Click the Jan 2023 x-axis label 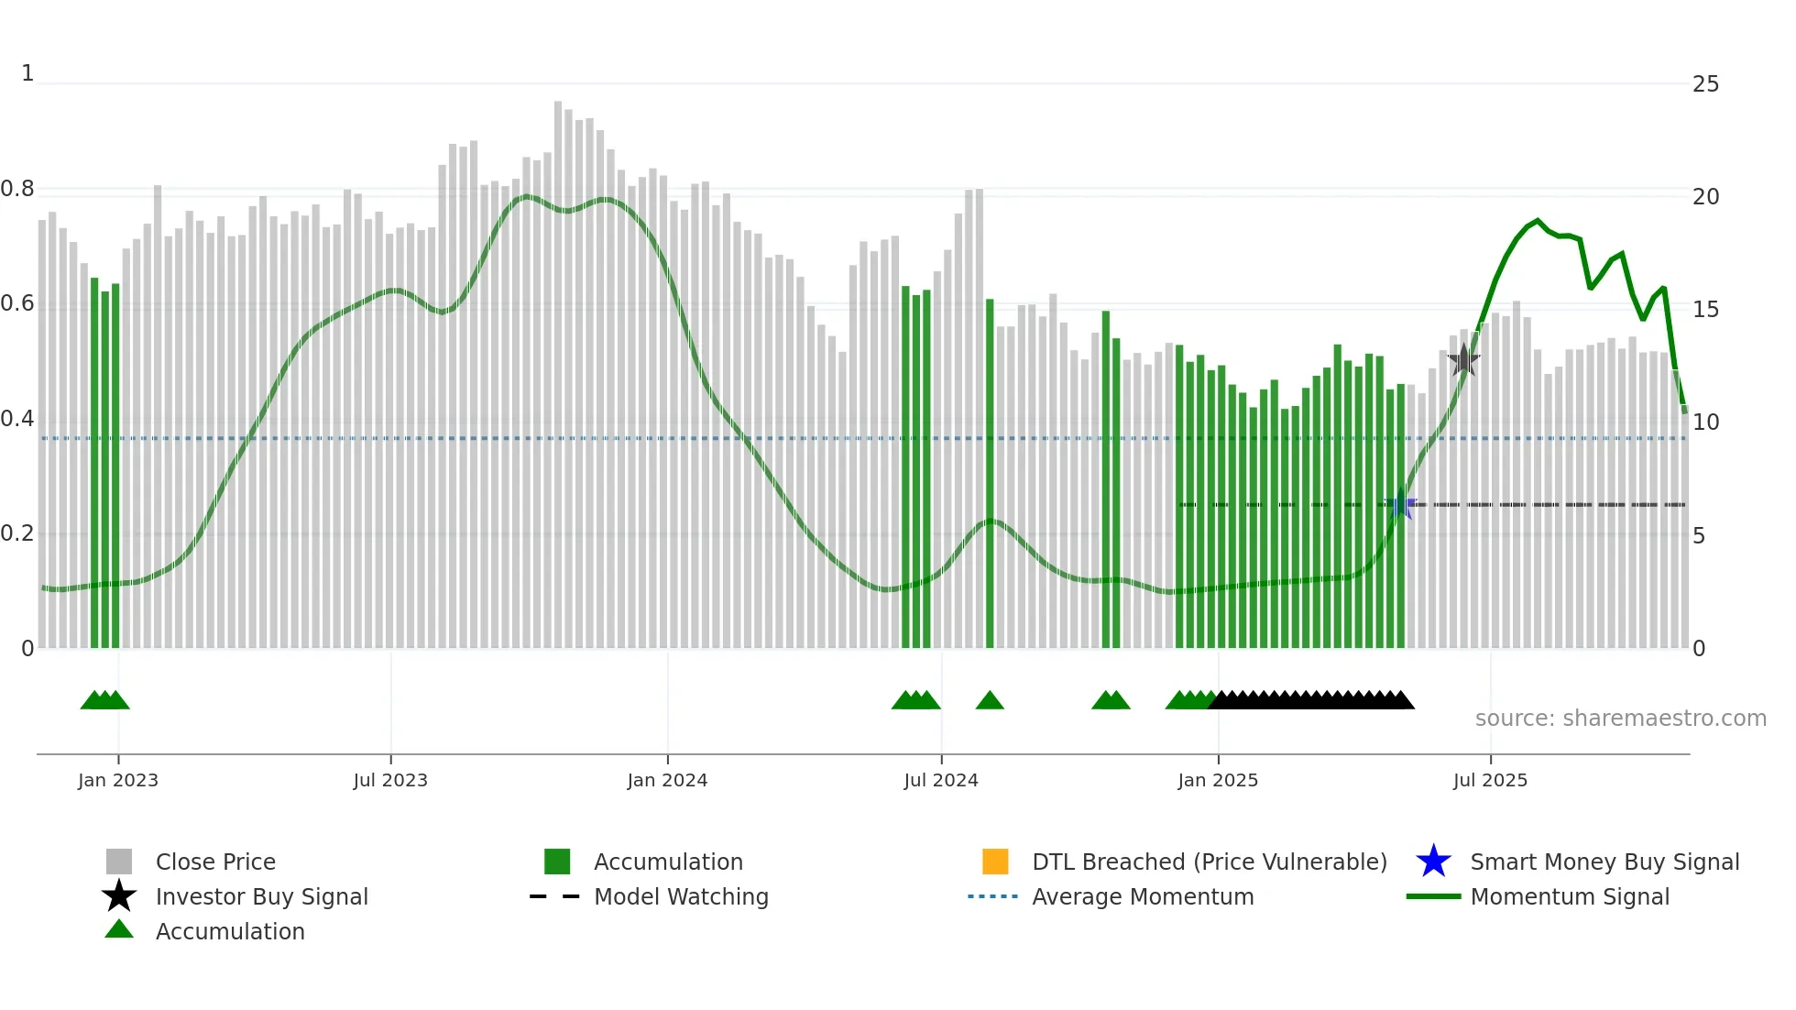tap(117, 780)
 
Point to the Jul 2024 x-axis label tap(941, 780)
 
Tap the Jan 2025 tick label tap(1218, 780)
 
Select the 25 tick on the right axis tap(1705, 84)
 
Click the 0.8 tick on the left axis tap(17, 189)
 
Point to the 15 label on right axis tap(1705, 310)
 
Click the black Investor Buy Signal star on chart tap(1463, 360)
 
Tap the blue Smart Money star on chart tap(1399, 505)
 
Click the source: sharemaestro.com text tap(1620, 719)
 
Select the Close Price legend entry tap(215, 862)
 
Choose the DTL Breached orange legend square tap(995, 862)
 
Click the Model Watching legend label tap(681, 896)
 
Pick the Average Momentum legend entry tap(1143, 896)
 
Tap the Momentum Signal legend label tap(1570, 896)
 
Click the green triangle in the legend tap(119, 930)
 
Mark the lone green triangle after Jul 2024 tap(990, 701)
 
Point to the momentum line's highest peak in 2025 tap(1539, 221)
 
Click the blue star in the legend tap(1433, 862)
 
